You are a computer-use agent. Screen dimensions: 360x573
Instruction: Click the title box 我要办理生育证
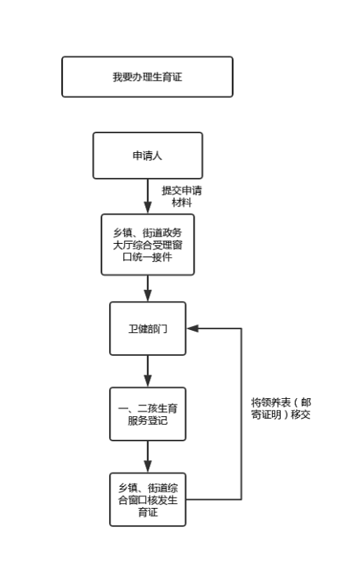[x=147, y=77]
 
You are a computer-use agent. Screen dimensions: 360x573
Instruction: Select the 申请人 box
[x=147, y=156]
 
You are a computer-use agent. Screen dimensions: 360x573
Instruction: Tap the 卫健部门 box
[x=147, y=328]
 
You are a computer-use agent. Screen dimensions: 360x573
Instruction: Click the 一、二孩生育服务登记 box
[x=147, y=414]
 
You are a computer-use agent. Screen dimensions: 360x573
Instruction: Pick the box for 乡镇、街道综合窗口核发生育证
[x=147, y=499]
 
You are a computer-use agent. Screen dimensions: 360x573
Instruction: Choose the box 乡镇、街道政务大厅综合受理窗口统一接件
[x=147, y=245]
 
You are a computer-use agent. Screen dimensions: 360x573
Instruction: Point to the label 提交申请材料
[x=182, y=196]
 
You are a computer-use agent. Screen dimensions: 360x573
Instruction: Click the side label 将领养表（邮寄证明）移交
[x=281, y=408]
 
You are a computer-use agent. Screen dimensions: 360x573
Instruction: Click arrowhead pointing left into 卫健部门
[x=192, y=328]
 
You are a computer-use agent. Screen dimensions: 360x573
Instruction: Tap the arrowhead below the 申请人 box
[x=147, y=208]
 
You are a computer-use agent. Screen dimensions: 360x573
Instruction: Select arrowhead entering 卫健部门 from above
[x=147, y=296]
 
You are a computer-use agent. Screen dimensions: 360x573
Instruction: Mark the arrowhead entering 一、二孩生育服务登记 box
[x=147, y=381]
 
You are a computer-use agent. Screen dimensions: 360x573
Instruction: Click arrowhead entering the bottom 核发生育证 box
[x=147, y=466]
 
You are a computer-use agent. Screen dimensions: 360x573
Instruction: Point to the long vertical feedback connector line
[x=242, y=414]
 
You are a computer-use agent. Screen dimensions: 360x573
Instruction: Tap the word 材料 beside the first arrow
[x=182, y=202]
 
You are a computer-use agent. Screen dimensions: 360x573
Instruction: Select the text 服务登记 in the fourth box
[x=147, y=420]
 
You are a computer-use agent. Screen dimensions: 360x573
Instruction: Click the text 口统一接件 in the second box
[x=147, y=257]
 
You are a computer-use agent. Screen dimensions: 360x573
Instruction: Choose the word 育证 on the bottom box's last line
[x=147, y=512]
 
